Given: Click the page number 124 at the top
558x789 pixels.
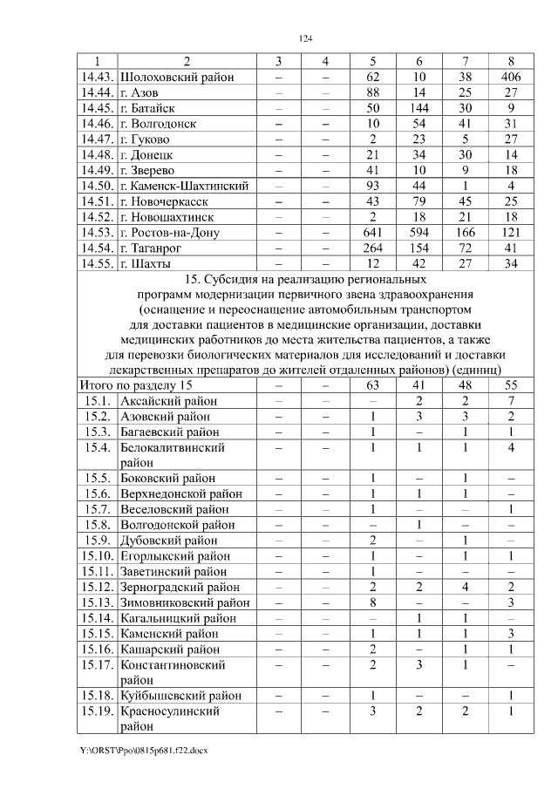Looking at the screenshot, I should (305, 38).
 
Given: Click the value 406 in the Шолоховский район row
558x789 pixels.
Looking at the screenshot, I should (510, 77).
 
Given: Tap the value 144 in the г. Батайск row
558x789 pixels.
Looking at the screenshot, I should (419, 108).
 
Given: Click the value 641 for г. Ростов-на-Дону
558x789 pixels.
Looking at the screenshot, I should (372, 233).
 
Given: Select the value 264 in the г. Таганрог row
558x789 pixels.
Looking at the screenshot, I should (372, 248).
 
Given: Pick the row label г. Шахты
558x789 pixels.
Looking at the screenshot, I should (145, 264).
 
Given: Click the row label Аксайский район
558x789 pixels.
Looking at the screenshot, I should (168, 400).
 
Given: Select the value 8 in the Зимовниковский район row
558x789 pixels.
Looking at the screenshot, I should (372, 602).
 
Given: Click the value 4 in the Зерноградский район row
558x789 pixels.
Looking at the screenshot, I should (466, 587).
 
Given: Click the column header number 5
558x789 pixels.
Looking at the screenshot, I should (372, 61).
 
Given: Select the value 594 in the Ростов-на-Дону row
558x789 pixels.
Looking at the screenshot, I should (419, 233).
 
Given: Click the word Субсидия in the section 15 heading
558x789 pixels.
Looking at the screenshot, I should (234, 280).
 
